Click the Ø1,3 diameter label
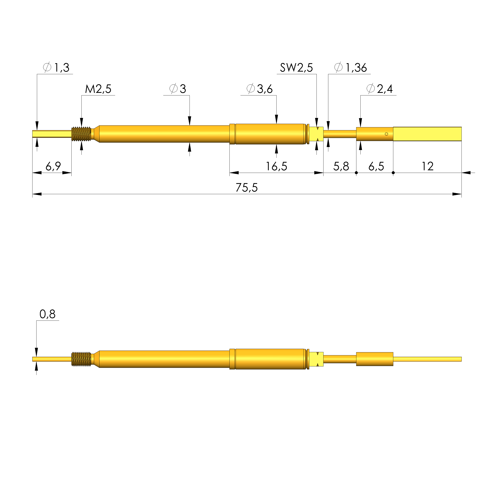56,68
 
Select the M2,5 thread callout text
98,89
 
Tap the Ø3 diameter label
178,89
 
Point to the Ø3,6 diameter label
259,89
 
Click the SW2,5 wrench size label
296,68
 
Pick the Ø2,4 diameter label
379,89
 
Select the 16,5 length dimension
276,166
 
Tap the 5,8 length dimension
341,166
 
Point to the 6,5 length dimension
376,166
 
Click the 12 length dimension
427,166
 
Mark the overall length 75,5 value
246,188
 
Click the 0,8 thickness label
47,314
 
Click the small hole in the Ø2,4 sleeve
386,134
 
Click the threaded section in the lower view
81,359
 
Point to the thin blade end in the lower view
427,359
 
